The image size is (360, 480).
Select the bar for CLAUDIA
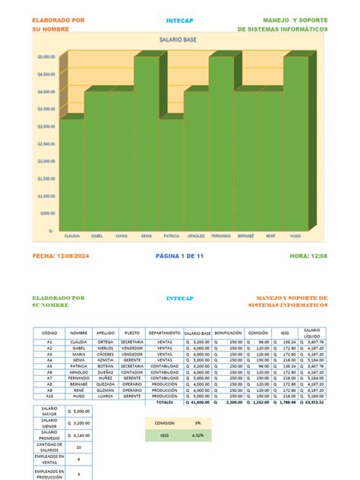(x=73, y=175)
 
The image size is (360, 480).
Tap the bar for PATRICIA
(x=172, y=175)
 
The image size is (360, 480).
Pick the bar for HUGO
(x=295, y=144)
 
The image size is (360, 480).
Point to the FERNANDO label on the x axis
(x=221, y=236)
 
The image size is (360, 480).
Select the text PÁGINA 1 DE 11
(x=179, y=256)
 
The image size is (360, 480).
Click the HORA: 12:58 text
(x=308, y=256)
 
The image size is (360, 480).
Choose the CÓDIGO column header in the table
(x=49, y=333)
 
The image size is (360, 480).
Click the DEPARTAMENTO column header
(x=164, y=333)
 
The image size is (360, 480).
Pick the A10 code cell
(x=49, y=396)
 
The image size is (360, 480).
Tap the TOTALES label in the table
(x=165, y=402)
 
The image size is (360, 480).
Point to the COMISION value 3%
(x=197, y=423)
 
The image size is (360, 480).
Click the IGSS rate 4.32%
(x=197, y=435)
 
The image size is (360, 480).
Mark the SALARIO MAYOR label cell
(x=49, y=412)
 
